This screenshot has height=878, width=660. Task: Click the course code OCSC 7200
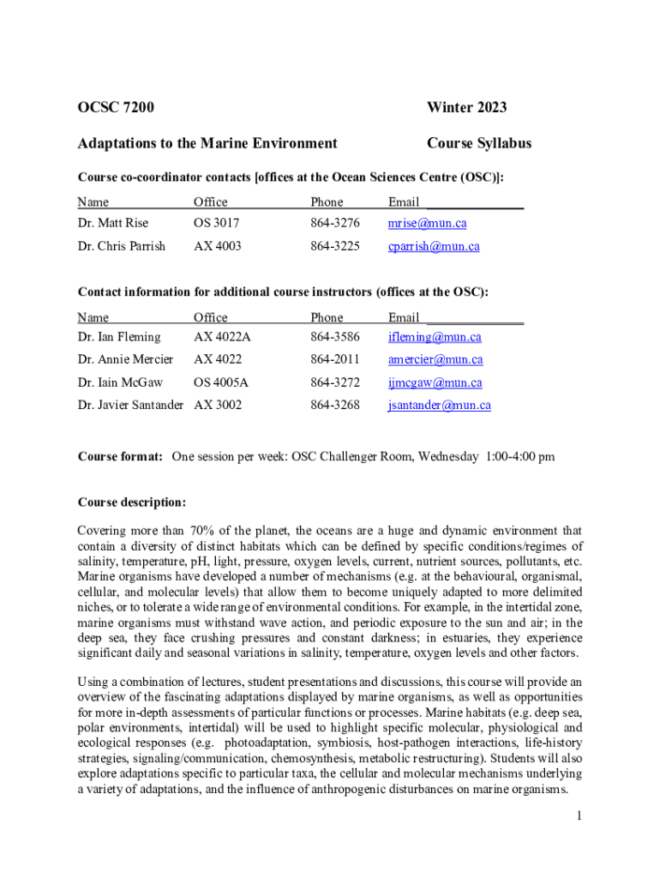point(116,107)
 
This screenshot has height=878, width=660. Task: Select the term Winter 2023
point(466,107)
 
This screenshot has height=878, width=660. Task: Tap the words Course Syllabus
point(478,143)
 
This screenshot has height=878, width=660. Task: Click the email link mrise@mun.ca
point(427,224)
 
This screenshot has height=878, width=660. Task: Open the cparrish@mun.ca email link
point(433,247)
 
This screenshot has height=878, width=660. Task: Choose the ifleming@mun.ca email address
point(435,337)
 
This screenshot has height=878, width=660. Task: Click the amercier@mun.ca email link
point(435,360)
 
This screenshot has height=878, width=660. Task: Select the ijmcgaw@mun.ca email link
point(435,383)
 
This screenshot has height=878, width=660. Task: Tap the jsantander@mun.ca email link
point(439,406)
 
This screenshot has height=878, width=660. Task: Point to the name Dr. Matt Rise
point(112,224)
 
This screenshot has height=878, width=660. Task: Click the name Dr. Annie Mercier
point(125,360)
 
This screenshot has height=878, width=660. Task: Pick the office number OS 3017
point(217,224)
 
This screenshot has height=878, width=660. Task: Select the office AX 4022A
point(222,337)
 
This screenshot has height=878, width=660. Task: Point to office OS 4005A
point(222,383)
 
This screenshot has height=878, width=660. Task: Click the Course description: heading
point(131,502)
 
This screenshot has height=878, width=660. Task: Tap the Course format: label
point(120,457)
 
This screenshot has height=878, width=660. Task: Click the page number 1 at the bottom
point(579,816)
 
